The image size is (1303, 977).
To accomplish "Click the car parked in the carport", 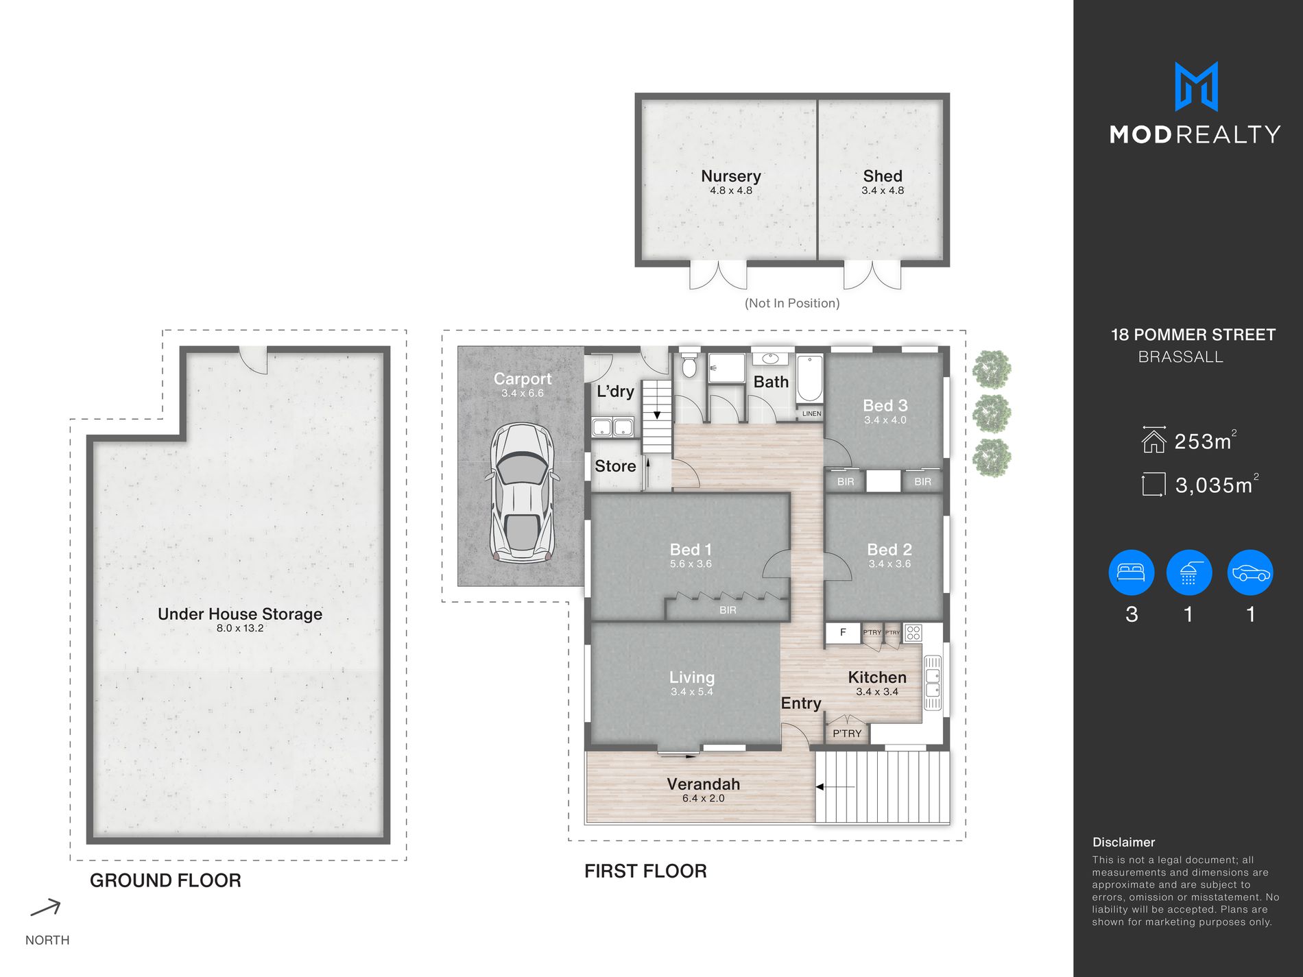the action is (522, 493).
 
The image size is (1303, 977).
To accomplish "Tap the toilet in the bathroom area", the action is (689, 366).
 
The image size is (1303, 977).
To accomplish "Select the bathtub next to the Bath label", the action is (810, 378).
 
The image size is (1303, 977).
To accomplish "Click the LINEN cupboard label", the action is (811, 413).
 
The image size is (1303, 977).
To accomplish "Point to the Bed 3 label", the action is (885, 405).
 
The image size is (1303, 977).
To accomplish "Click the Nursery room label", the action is (731, 176).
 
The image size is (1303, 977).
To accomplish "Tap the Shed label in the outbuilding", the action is (883, 176).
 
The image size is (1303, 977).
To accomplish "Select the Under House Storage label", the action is (240, 614).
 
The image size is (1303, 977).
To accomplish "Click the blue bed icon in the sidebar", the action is (1132, 572).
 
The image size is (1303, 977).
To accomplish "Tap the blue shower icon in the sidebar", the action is (1189, 572).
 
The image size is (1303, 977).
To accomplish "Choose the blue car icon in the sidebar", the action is (1251, 572).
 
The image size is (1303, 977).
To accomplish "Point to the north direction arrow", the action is (46, 908).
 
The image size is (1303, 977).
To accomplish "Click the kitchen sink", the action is (933, 683).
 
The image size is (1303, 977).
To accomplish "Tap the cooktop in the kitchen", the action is (913, 632).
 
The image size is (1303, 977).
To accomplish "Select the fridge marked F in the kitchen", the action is (843, 633).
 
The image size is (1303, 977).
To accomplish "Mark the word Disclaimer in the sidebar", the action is (1123, 842).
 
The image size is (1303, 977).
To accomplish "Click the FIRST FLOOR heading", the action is (645, 871).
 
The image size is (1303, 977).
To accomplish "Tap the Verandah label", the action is (703, 784).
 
